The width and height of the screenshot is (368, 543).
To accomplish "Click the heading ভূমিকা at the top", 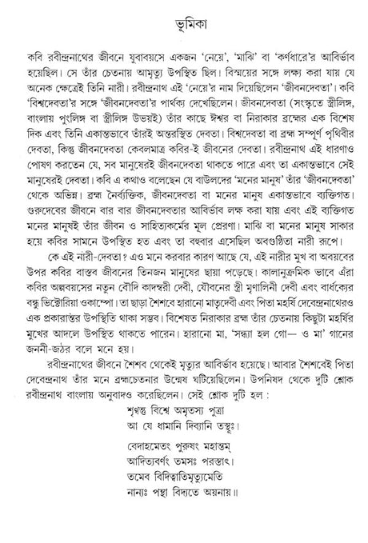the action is click(184, 17).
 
